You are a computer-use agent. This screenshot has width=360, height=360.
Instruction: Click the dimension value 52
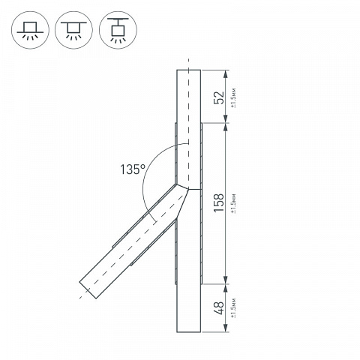[x=219, y=97]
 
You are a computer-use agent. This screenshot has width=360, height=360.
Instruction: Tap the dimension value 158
[x=219, y=202]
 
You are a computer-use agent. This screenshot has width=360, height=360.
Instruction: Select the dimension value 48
[x=219, y=308]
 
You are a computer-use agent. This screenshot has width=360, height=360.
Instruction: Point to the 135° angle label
[x=133, y=169]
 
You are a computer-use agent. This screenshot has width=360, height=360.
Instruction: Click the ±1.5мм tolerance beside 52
[x=233, y=97]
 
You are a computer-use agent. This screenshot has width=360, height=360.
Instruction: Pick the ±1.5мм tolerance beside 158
[x=233, y=203]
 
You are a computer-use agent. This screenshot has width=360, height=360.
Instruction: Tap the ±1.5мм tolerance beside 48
[x=233, y=307]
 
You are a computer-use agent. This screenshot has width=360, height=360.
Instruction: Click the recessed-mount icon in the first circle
[x=30, y=30]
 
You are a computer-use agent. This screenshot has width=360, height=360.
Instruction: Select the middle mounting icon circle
[x=73, y=30]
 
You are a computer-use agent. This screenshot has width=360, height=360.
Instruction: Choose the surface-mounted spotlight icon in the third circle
[x=118, y=30]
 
